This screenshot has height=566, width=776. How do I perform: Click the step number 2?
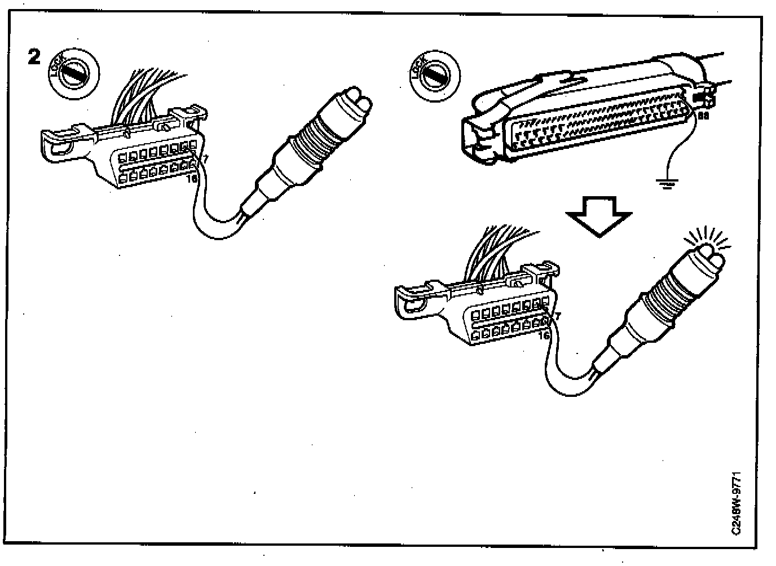click(x=34, y=56)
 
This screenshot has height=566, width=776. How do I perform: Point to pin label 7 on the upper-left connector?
click(x=205, y=160)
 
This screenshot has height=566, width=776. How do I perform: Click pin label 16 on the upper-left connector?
click(x=193, y=179)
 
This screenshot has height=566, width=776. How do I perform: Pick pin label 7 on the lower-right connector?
click(x=557, y=317)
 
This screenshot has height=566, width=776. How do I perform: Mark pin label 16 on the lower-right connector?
click(x=544, y=335)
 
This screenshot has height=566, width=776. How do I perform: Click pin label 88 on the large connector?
click(x=703, y=116)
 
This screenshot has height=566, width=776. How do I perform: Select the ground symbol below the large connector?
click(x=667, y=183)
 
